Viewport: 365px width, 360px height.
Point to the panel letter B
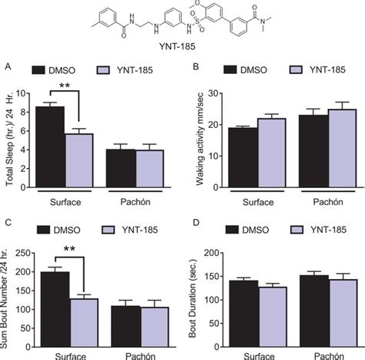click(196, 67)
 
